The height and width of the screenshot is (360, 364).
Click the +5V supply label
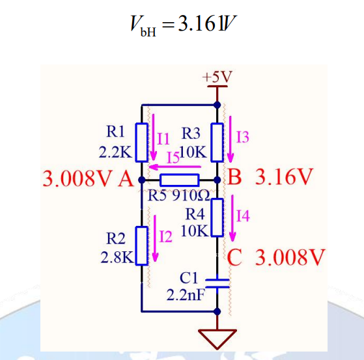[x=217, y=77]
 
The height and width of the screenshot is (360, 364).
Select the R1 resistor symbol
[x=141, y=142]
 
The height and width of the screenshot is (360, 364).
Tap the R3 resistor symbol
[x=217, y=142]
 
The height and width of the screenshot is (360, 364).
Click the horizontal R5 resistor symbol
[x=180, y=180]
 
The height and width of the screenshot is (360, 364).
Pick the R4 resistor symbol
[x=217, y=217]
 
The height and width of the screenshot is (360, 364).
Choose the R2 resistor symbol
[x=141, y=245]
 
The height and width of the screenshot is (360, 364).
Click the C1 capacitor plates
[x=217, y=283]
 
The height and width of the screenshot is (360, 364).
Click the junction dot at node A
[x=141, y=180]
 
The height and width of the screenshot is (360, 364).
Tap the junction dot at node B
[x=217, y=180]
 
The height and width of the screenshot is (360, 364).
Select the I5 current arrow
[x=175, y=167]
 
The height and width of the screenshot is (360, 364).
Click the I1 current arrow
[x=153, y=137]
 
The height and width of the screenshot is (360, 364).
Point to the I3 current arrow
[x=231, y=139]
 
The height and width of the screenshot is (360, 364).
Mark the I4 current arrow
[x=232, y=218]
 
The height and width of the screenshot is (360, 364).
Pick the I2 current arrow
[x=155, y=238]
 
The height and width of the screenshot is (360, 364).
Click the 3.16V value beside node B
[x=284, y=177]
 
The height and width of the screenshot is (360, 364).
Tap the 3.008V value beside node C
[x=290, y=257]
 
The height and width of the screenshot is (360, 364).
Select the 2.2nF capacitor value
[x=186, y=295]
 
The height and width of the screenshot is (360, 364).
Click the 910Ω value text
[x=191, y=196]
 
